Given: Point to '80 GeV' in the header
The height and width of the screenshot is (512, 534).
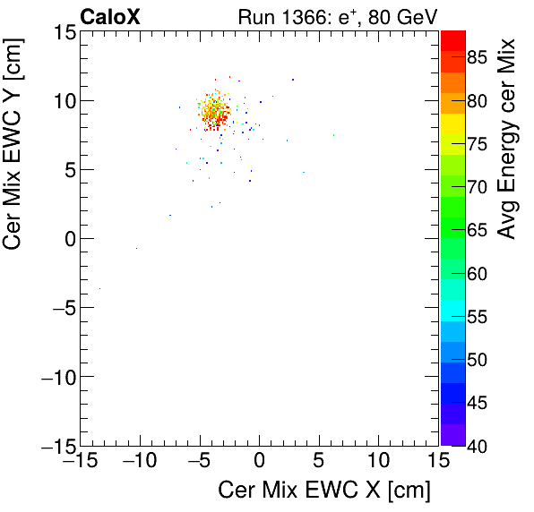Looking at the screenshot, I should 404,16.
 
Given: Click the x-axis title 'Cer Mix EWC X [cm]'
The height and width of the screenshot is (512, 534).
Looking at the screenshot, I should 324,491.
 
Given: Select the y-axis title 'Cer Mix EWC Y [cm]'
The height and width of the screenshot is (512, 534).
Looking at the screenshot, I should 15,161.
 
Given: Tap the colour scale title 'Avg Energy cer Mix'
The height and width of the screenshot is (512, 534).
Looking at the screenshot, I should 508,139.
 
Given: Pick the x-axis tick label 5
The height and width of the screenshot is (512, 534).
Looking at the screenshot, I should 319,463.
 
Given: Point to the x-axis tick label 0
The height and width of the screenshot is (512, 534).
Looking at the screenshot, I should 259,463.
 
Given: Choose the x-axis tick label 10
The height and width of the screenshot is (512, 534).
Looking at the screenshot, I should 378,463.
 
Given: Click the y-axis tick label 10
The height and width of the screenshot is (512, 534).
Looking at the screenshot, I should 62,100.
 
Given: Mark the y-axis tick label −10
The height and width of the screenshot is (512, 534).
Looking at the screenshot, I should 53,377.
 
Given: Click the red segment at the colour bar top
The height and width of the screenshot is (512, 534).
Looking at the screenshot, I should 452,38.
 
